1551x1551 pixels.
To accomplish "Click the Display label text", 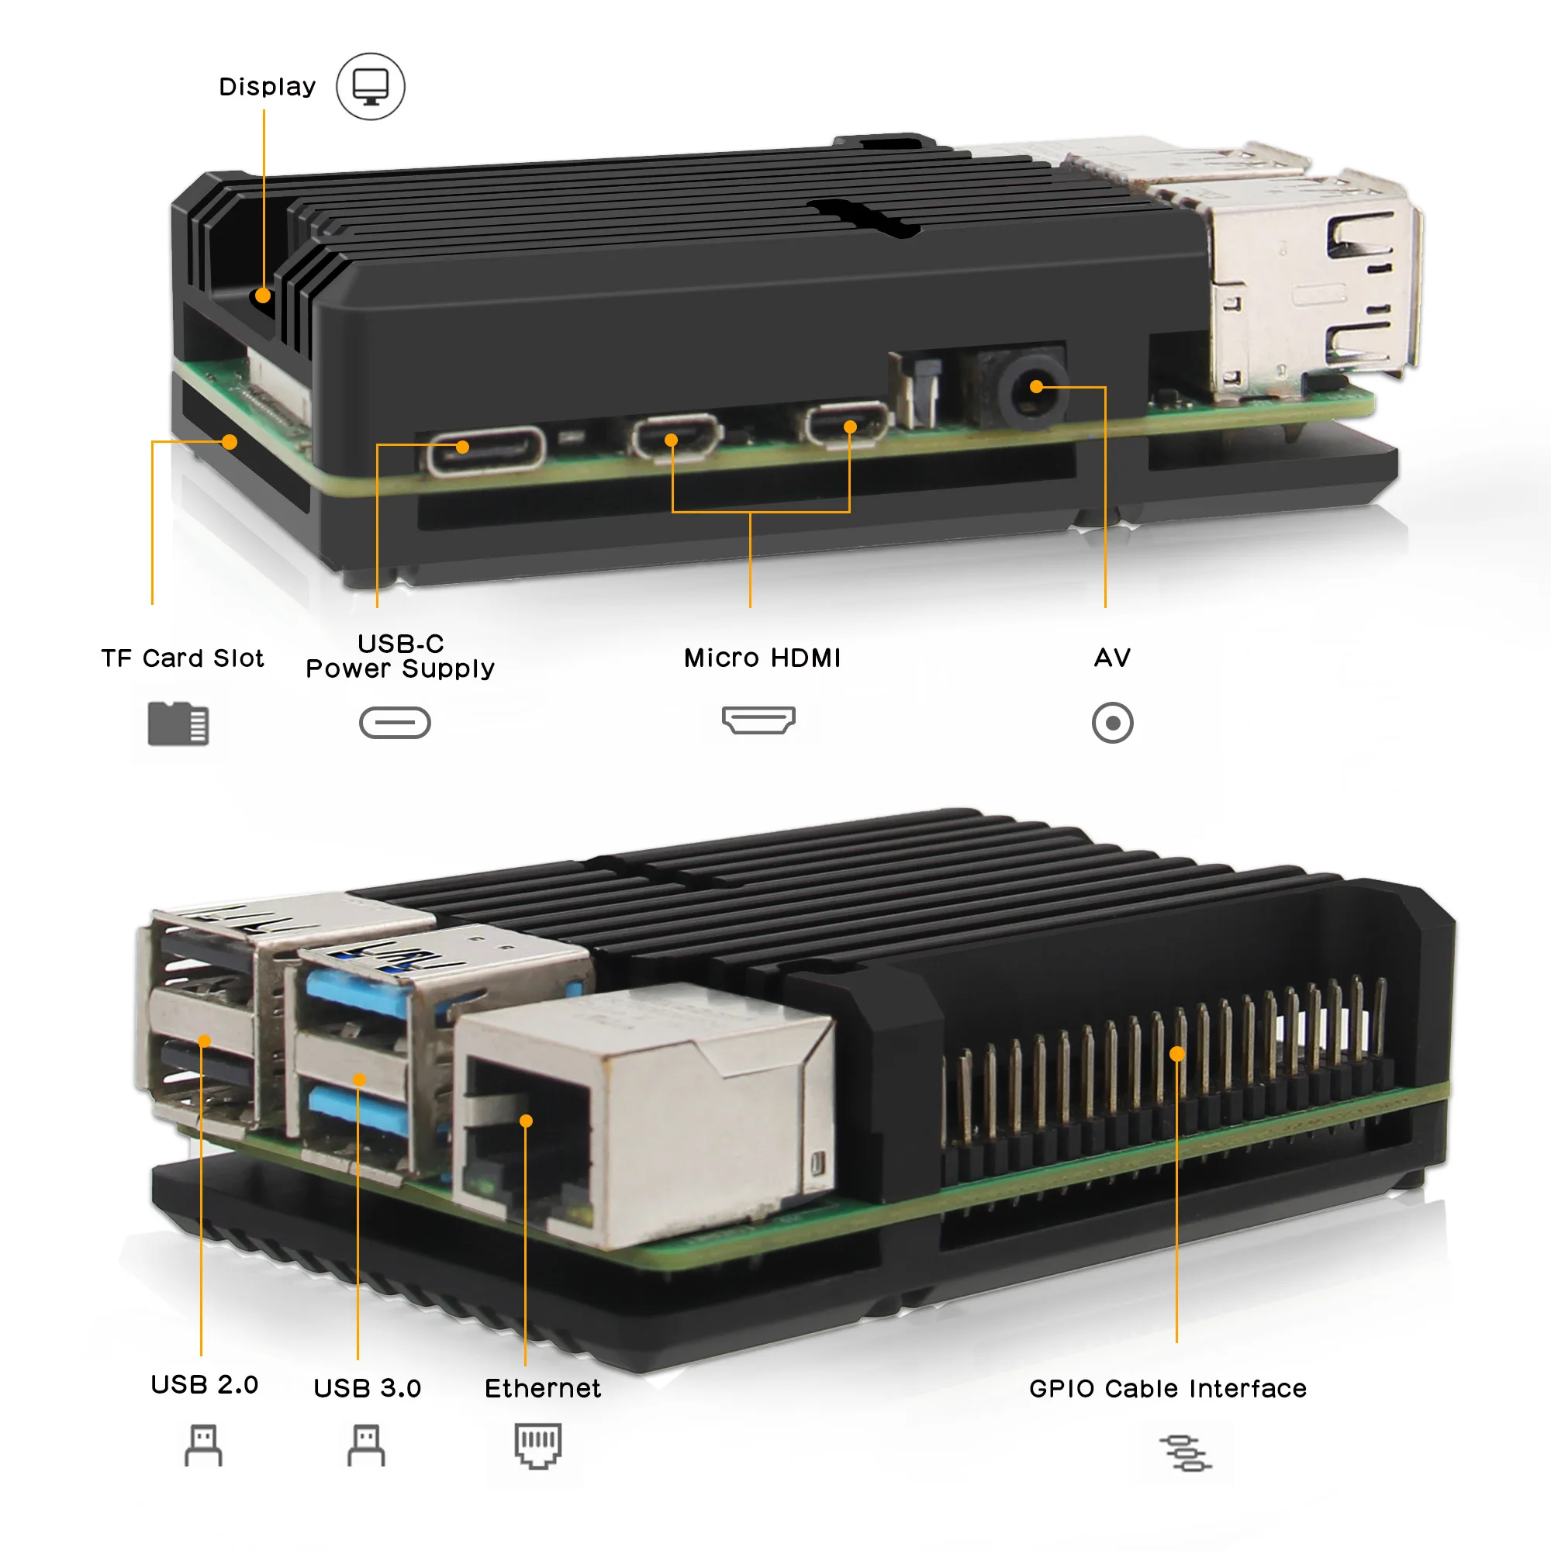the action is (268, 86).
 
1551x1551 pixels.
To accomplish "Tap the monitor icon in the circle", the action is (370, 86).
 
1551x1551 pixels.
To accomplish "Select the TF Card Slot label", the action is (182, 658).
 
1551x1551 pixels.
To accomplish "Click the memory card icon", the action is (178, 724).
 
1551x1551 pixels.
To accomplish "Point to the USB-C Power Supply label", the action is (400, 656).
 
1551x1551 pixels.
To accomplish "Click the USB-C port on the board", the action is (485, 451).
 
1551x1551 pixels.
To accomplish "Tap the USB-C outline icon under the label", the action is (395, 723).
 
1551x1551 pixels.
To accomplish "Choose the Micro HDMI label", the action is (762, 658).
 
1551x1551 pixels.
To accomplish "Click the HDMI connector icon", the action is (758, 720).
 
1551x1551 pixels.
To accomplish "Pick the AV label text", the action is (1112, 658).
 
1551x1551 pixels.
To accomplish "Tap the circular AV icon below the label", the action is (1113, 724).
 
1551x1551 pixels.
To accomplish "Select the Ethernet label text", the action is (543, 1388).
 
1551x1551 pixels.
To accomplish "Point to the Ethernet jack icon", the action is (538, 1446).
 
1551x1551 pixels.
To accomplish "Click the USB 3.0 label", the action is (367, 1388).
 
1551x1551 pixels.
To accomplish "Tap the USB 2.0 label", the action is (205, 1384).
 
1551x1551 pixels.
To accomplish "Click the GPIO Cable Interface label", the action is (1168, 1388).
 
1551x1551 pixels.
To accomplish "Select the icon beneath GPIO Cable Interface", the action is (1186, 1453).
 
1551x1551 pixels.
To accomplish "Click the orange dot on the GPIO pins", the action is (1177, 1054).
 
